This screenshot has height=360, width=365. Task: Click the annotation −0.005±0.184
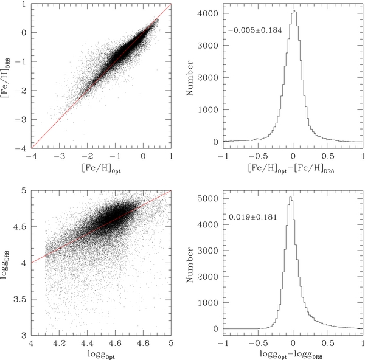tap(255, 30)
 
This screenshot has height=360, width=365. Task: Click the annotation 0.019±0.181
tap(254, 217)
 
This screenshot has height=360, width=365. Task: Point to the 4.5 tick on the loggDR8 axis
tap(19, 227)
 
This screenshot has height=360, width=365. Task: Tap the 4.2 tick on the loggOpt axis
tap(58, 342)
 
